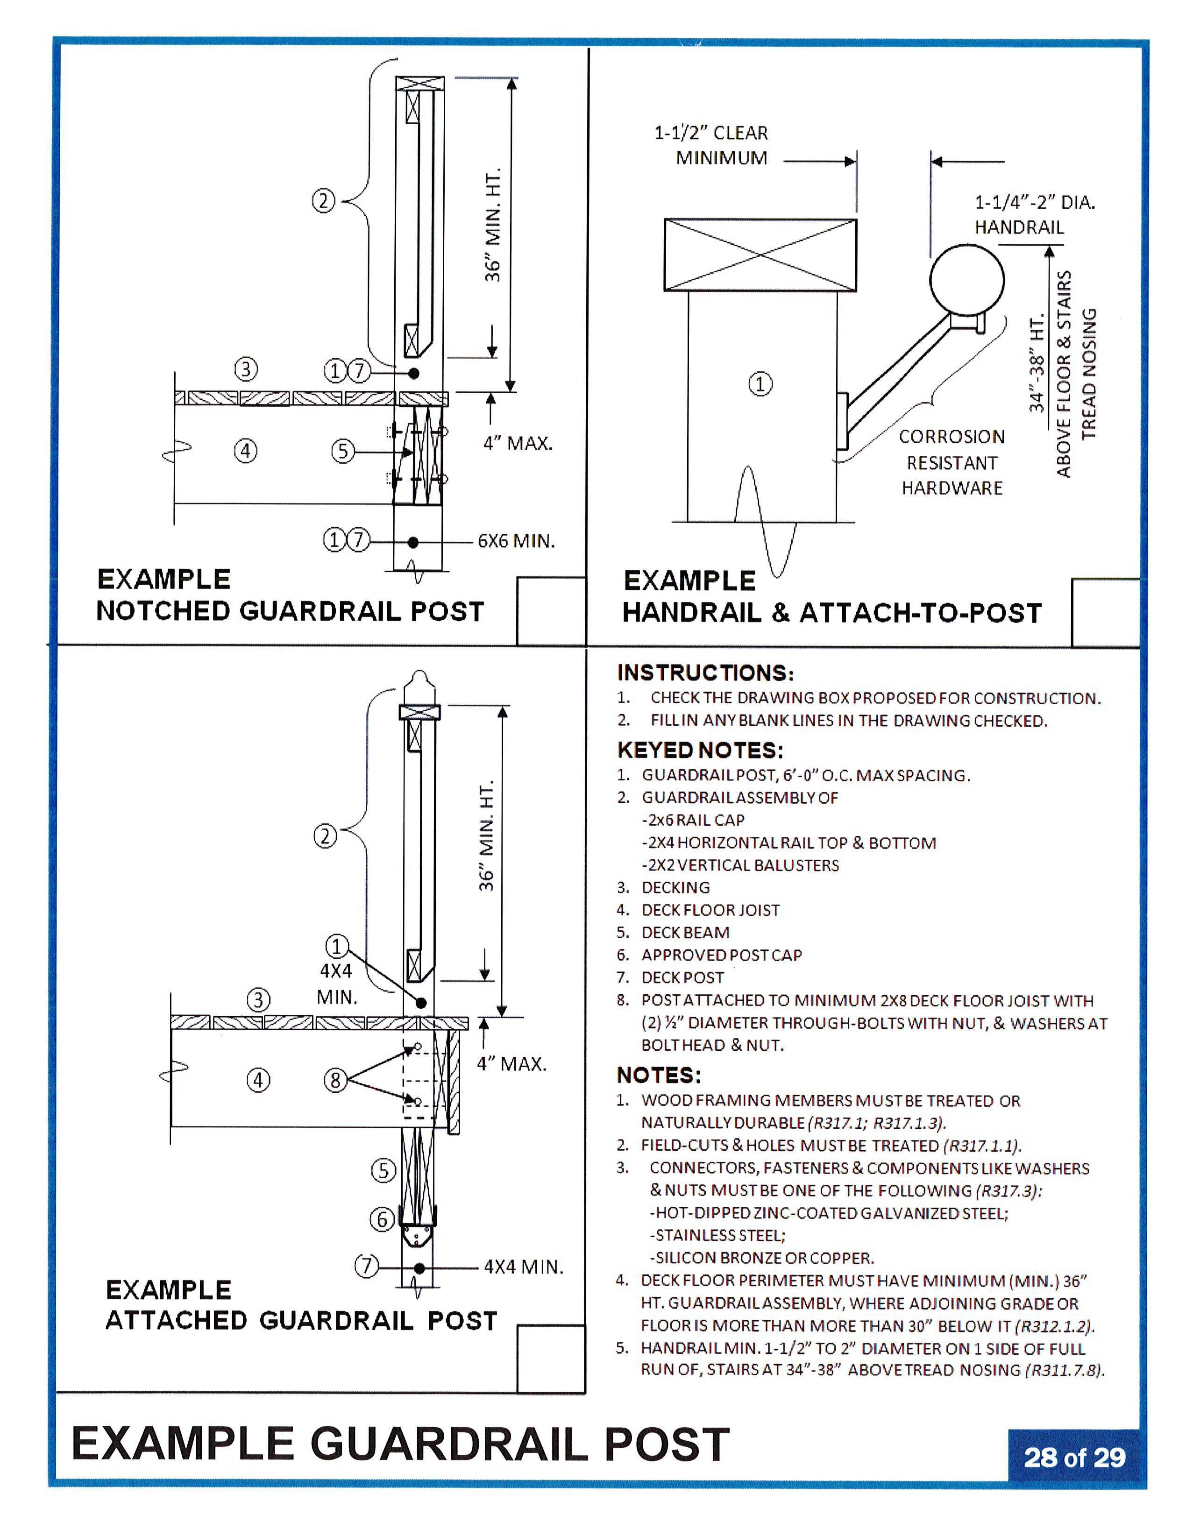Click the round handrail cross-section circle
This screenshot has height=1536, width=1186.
(966, 280)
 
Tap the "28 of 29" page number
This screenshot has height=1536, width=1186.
(1074, 1457)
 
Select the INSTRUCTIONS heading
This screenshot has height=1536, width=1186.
(705, 673)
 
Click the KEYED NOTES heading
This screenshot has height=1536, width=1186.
(700, 750)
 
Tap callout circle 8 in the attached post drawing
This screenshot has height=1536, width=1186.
(335, 1080)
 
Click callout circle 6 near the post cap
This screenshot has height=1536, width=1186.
(382, 1219)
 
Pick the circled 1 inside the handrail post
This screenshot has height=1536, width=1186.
(760, 384)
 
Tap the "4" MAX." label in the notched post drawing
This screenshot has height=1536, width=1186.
(518, 443)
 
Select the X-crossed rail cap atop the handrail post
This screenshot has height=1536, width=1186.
(760, 255)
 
